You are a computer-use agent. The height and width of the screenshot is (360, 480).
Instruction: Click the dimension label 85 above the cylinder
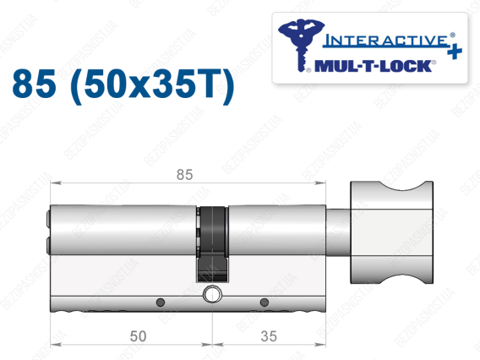[184, 174]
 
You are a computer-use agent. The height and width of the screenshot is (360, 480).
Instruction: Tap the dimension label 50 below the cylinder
[138, 336]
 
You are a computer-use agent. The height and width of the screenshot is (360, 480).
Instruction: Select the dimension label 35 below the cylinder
[269, 336]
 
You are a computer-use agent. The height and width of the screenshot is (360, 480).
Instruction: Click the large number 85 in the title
[35, 84]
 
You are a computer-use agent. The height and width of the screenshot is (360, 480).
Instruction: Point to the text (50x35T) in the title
[152, 85]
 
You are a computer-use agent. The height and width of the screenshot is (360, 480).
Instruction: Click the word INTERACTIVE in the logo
[386, 41]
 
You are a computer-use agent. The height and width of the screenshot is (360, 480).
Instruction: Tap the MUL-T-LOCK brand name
[373, 66]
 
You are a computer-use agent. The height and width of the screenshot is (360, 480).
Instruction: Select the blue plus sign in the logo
[455, 51]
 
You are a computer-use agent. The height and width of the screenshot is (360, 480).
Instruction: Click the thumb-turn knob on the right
[391, 232]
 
